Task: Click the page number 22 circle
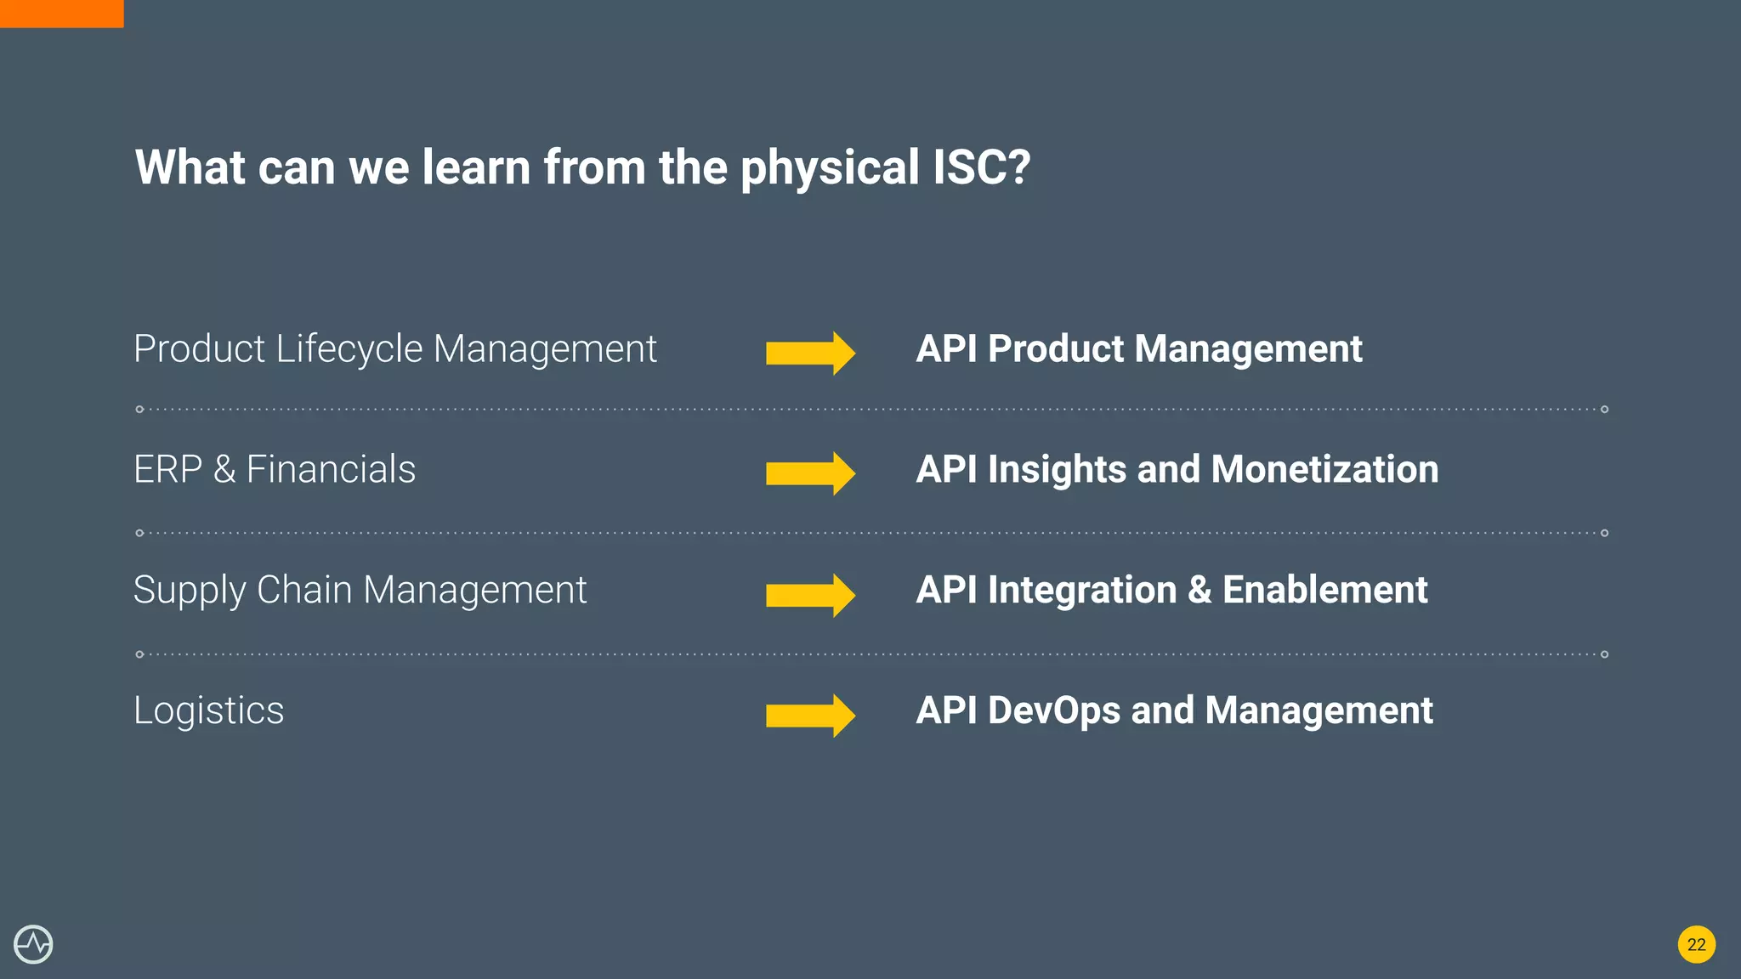coord(1696,944)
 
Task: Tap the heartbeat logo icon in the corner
coord(33,944)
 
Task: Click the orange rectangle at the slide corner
coord(61,14)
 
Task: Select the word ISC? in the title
coord(981,167)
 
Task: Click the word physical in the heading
coord(830,168)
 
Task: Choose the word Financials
coord(331,469)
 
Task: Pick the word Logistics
coord(208,711)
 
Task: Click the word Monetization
coord(1324,469)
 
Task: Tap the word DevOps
coord(1053,710)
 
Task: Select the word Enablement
coord(1324,590)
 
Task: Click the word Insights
coord(1057,470)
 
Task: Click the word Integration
coord(1081,591)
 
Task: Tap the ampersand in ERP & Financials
coord(224,469)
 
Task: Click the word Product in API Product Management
coord(1056,348)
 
